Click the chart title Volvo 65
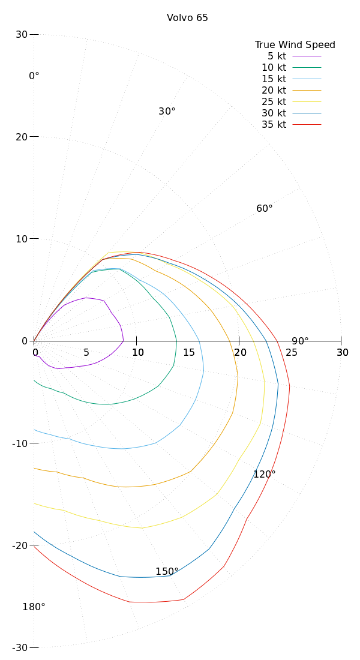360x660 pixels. [187, 18]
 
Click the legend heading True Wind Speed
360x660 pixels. [295, 44]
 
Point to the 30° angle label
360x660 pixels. [167, 112]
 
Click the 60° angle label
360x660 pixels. [264, 208]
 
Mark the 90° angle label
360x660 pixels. [300, 341]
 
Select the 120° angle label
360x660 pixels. [264, 474]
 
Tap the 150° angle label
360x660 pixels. [167, 571]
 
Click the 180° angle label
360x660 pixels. [34, 607]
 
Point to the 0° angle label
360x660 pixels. [34, 76]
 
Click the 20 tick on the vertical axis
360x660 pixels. [22, 137]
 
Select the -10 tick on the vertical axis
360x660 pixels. [20, 443]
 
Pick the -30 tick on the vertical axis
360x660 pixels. [20, 647]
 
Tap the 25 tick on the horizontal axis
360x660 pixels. [291, 352]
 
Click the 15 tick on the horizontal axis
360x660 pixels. [189, 352]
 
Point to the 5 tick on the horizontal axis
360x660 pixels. [86, 352]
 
